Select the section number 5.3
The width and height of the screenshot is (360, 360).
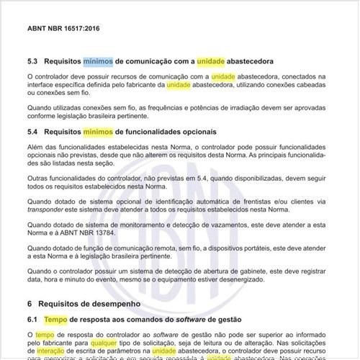point(32,61)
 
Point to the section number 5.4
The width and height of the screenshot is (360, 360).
point(32,132)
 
